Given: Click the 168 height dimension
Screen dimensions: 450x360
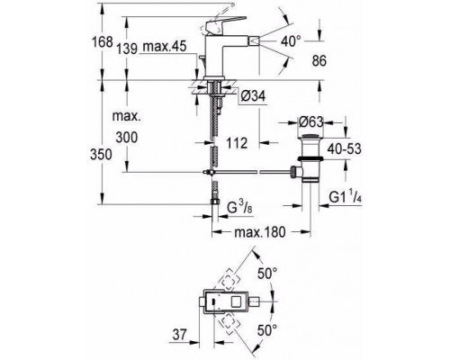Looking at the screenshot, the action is [102, 42].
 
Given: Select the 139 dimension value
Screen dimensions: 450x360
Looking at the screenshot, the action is [127, 49].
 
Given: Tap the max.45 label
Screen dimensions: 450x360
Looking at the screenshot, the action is [165, 47].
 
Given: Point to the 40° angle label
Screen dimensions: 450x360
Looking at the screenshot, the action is [291, 40].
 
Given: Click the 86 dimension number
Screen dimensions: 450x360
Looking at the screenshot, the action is [319, 61].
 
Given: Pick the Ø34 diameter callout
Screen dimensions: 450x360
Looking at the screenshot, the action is [253, 96].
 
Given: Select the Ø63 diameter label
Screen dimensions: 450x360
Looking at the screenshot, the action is [311, 122].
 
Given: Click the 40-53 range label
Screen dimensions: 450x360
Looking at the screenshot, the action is [344, 148].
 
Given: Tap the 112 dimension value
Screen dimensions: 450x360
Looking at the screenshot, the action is [237, 143].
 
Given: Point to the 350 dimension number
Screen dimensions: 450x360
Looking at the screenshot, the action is [101, 155].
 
